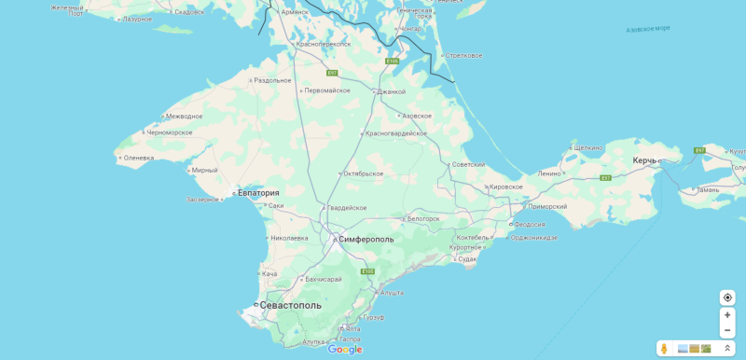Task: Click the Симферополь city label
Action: point(366,239)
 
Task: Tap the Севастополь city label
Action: point(290,305)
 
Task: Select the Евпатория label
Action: point(258,193)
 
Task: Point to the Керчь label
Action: point(644,160)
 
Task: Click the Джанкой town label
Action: point(391,91)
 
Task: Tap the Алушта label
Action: point(392,292)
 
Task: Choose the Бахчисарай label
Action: point(324,279)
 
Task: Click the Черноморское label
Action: point(169,132)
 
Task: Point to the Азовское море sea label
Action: point(648,29)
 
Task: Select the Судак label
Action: point(467,258)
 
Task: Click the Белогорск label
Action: point(423,218)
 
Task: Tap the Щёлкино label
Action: point(588,147)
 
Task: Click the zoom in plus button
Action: point(727,314)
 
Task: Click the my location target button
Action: point(727,298)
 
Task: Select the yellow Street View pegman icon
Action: point(664,348)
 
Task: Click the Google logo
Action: point(344,350)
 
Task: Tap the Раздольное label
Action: point(272,80)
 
